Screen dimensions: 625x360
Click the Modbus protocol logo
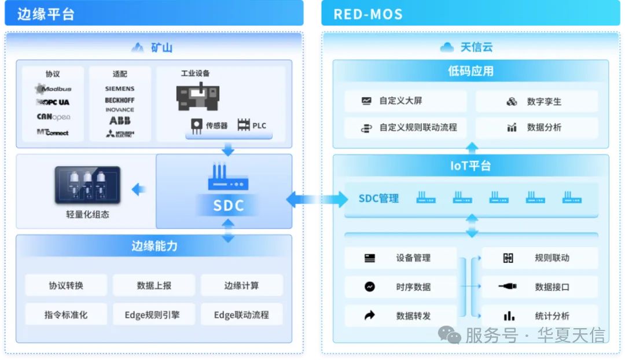(53, 89)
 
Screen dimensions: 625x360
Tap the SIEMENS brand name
(120, 89)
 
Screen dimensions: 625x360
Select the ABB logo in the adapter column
(120, 120)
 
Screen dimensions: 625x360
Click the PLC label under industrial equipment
(259, 126)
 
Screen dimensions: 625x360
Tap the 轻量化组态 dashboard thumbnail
(87, 185)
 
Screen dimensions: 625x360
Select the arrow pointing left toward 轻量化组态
(138, 189)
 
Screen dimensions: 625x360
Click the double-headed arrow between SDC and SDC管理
(317, 199)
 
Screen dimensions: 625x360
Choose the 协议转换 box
(66, 285)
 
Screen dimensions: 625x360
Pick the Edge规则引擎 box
(154, 314)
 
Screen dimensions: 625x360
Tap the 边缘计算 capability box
(241, 285)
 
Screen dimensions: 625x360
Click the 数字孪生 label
(544, 102)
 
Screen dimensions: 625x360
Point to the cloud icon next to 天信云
(447, 47)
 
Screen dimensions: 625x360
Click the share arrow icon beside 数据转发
(369, 315)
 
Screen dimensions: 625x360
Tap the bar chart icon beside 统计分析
(509, 316)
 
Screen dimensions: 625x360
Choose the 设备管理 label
(413, 258)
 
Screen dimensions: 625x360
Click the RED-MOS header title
(368, 14)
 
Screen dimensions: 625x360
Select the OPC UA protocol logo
(53, 102)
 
